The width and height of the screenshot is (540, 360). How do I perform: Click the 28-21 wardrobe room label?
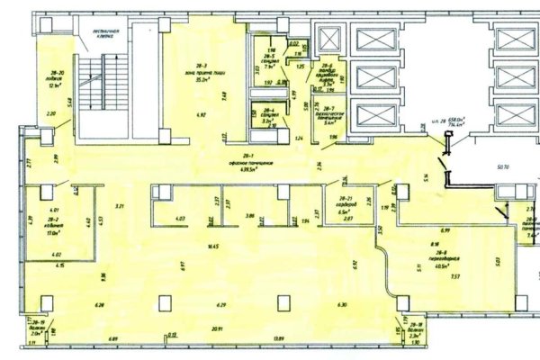345,203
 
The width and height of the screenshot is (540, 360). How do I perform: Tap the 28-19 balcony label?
39,328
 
